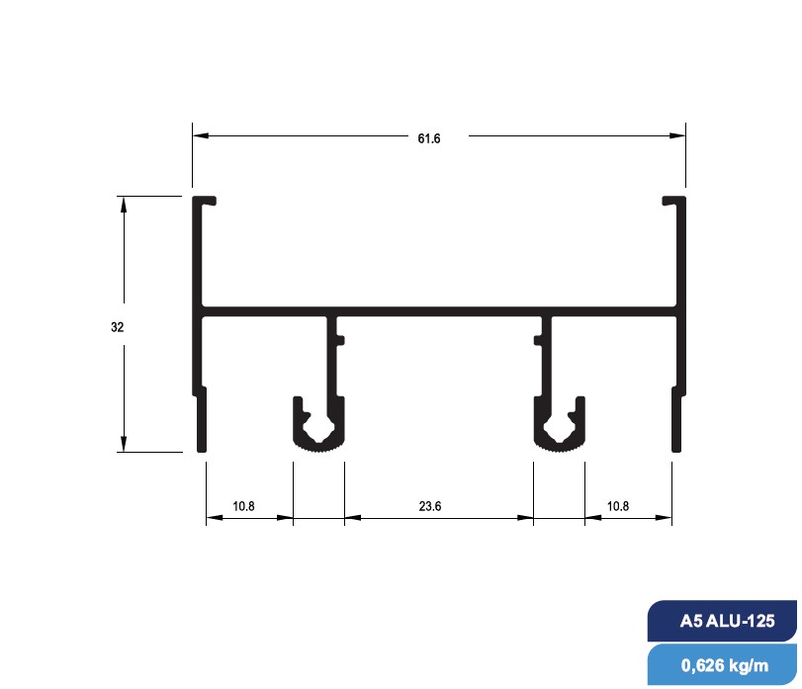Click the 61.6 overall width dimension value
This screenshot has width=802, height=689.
pyautogui.click(x=428, y=138)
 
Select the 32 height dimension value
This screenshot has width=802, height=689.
pyautogui.click(x=117, y=325)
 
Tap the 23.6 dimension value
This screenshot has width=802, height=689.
pyautogui.click(x=429, y=506)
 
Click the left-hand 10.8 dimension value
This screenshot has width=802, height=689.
pyautogui.click(x=243, y=506)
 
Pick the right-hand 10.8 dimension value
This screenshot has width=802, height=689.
pyautogui.click(x=617, y=506)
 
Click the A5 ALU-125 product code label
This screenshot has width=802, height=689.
pyautogui.click(x=726, y=623)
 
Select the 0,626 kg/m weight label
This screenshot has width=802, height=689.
pyautogui.click(x=724, y=665)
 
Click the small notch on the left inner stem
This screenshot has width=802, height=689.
pyautogui.click(x=341, y=341)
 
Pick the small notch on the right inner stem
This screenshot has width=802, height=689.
pyautogui.click(x=537, y=341)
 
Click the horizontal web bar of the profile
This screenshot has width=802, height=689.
pyautogui.click(x=439, y=310)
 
